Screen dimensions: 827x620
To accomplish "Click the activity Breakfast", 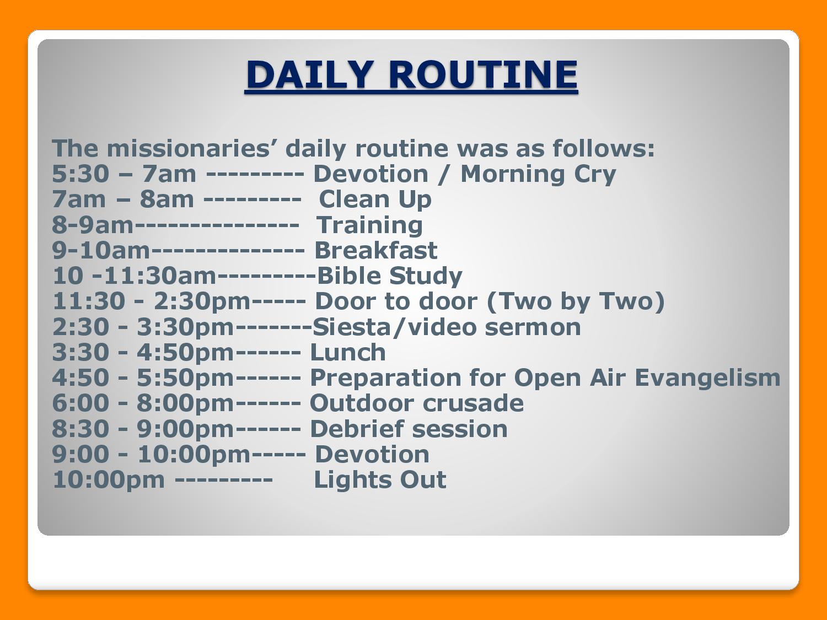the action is coord(376,250).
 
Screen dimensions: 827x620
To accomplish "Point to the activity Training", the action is coord(369,225).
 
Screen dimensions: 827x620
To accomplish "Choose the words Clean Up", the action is coord(375,200).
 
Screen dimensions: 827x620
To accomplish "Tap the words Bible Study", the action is coord(390,276).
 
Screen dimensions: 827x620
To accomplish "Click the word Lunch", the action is coord(348,352).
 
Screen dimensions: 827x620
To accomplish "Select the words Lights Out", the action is coord(380,480).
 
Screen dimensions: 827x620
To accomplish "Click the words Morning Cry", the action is coord(539,174).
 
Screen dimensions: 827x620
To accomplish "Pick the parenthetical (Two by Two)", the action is coord(576,301).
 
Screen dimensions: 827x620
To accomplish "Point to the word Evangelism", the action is coord(707,378).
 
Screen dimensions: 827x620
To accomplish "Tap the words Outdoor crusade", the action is coord(417,403).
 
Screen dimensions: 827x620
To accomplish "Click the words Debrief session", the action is coord(409,429).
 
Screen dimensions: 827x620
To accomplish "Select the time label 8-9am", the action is coord(93,225).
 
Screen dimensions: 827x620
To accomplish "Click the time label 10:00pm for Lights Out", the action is coord(109,481).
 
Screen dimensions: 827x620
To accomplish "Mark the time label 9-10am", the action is coord(101,250).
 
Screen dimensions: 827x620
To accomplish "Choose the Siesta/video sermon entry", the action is coord(447,327).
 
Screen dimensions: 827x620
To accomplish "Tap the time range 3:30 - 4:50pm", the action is coord(143,353).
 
